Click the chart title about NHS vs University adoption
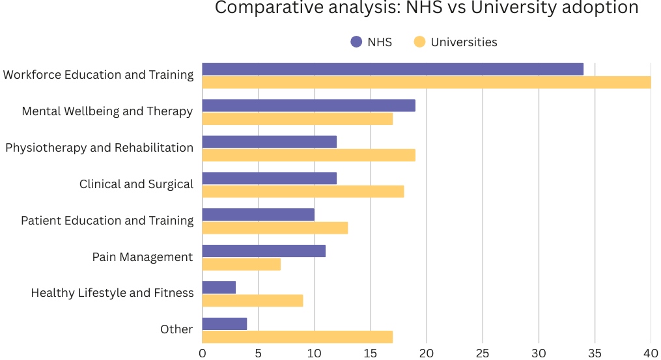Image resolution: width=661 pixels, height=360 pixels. point(427,8)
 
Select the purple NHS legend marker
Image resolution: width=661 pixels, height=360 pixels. point(356,42)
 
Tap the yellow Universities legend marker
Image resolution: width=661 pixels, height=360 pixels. point(419,42)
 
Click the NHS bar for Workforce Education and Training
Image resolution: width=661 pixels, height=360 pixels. point(393,69)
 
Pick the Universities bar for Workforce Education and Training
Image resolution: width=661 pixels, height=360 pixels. point(427,82)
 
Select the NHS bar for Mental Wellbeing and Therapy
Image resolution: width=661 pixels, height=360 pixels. point(309,105)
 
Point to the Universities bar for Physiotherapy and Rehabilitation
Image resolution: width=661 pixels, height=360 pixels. point(309,155)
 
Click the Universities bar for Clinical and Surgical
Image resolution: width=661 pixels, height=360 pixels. point(303,191)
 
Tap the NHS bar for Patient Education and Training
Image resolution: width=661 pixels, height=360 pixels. point(259,215)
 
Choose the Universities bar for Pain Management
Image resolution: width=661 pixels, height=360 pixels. point(242,264)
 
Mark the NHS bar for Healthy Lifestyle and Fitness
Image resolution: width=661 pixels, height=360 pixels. point(219,287)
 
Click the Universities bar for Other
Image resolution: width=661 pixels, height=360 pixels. point(298,337)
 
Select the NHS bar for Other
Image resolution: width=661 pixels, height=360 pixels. point(225,324)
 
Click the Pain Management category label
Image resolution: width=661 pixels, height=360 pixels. point(143,257)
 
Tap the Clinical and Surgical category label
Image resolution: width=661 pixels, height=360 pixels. point(136,184)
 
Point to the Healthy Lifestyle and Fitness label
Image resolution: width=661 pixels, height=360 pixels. point(112,293)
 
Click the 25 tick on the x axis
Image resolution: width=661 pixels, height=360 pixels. point(483,353)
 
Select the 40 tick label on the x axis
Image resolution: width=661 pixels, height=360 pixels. point(651,353)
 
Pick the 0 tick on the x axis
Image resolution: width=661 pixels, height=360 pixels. point(203,353)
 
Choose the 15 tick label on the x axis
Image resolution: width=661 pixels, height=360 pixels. point(371,353)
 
